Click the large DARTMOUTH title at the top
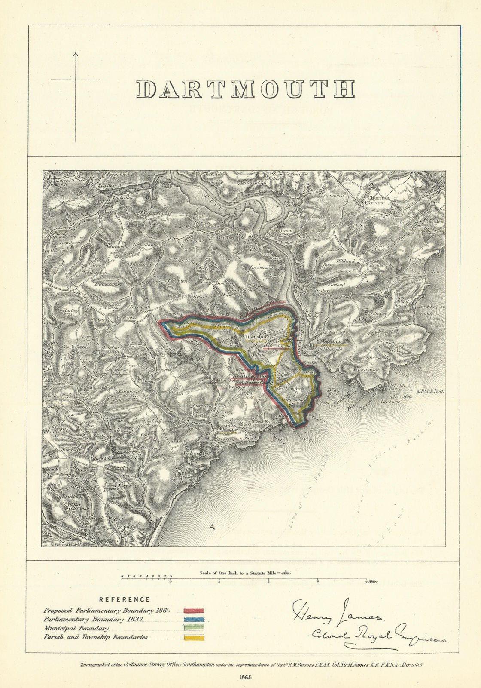(245, 89)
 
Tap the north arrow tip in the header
(76, 52)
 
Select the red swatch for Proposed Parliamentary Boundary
(194, 610)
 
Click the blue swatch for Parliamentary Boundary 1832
(194, 620)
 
